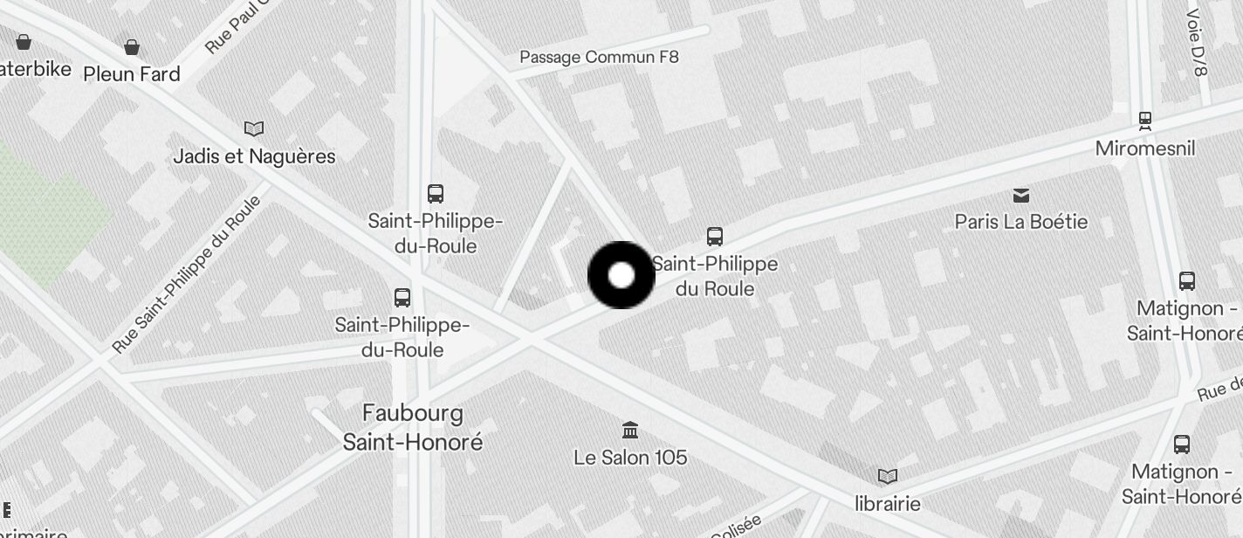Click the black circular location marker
(x=621, y=275)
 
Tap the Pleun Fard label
(x=132, y=74)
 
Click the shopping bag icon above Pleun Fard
(x=132, y=46)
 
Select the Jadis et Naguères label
(x=254, y=156)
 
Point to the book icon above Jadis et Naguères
(x=254, y=129)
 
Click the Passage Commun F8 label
(x=599, y=58)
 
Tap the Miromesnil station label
(x=1144, y=148)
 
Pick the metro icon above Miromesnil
(x=1145, y=120)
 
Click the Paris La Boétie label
(x=1020, y=222)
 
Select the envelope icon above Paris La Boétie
(x=1020, y=195)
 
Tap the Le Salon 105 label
(x=630, y=457)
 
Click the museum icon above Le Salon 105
(x=630, y=430)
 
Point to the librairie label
(x=888, y=504)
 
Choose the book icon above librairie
(x=888, y=477)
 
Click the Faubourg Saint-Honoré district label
(x=412, y=427)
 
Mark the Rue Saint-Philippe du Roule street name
(x=187, y=274)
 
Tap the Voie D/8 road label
(x=1197, y=42)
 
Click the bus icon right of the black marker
(x=715, y=237)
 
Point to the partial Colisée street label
(x=738, y=526)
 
